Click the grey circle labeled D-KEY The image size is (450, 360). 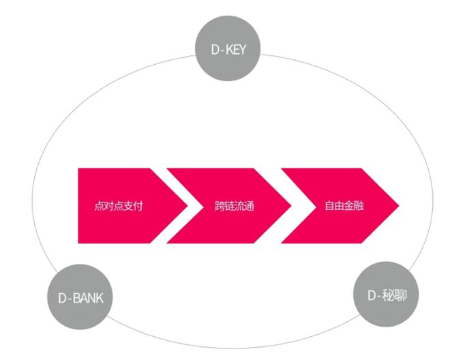(227, 48)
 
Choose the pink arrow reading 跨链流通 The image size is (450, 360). (232, 205)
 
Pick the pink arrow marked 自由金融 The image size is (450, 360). (341, 205)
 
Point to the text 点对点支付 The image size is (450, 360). (119, 205)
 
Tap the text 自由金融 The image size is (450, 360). (345, 205)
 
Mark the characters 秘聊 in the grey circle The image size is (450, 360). (393, 295)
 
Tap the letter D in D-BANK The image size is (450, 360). (63, 299)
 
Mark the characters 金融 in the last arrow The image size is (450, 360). (355, 205)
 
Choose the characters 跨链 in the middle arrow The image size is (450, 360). (224, 205)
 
